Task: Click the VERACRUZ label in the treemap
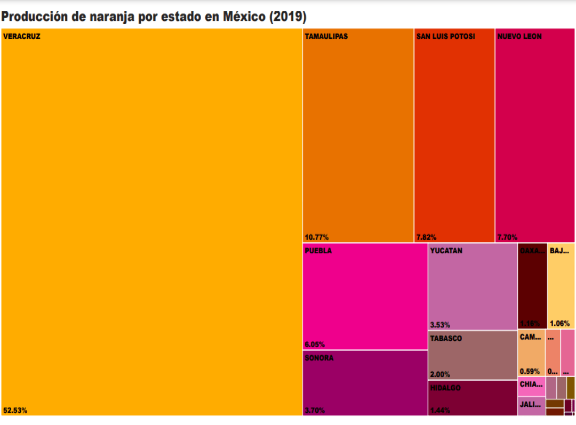pyautogui.click(x=22, y=37)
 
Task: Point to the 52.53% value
pyautogui.click(x=15, y=410)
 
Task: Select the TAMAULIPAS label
pyautogui.click(x=326, y=37)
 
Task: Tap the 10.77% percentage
pyautogui.click(x=317, y=237)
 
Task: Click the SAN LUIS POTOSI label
pyautogui.click(x=445, y=37)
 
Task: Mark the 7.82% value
pyautogui.click(x=427, y=237)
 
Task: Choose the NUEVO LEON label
pyautogui.click(x=519, y=37)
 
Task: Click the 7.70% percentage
pyautogui.click(x=507, y=237)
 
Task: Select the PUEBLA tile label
pyautogui.click(x=318, y=251)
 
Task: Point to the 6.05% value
pyautogui.click(x=315, y=344)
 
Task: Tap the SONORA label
pyautogui.click(x=319, y=358)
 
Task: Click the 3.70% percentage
pyautogui.click(x=315, y=410)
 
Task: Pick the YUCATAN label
pyautogui.click(x=446, y=251)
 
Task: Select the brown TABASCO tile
pyautogui.click(x=473, y=355)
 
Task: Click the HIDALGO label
pyautogui.click(x=445, y=388)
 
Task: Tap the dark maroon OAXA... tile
pyautogui.click(x=532, y=286)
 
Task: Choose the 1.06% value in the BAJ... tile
pyautogui.click(x=559, y=323)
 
